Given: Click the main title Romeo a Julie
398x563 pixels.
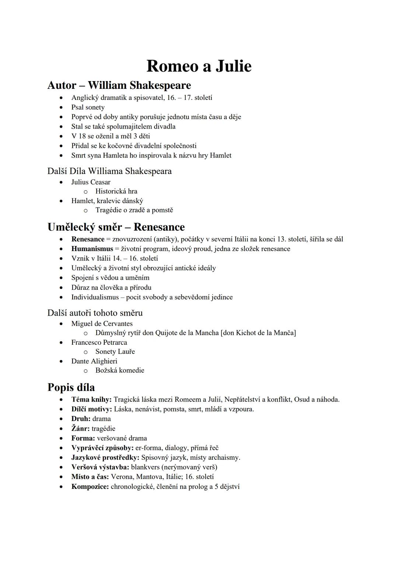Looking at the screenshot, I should tap(199, 66).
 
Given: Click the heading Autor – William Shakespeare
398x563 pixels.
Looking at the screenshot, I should tap(119, 85).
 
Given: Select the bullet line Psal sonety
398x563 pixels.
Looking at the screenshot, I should tap(88, 107).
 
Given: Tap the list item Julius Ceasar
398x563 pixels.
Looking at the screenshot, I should tap(91, 182).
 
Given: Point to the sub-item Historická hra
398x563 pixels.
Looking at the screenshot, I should tap(116, 191).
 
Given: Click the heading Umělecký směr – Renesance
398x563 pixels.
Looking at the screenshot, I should tap(116, 227).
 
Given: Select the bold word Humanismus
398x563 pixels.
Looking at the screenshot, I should tap(92, 249).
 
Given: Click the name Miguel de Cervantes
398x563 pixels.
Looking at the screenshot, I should tap(102, 324).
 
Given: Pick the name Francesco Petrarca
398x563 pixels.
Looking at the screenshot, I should tap(99, 343).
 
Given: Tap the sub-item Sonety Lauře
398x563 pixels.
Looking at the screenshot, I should tap(115, 352).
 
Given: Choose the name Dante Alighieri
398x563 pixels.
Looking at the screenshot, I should tap(94, 361).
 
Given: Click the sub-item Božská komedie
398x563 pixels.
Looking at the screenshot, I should tap(120, 371).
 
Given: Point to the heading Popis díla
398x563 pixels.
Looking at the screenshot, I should tap(71, 388).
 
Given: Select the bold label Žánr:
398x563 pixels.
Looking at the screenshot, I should tap(80, 429).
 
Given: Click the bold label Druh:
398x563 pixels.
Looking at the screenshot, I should tap(81, 419).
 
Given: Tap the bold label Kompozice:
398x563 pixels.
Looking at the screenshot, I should tap(90, 487).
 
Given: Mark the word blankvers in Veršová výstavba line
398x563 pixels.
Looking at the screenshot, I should tap(145, 467).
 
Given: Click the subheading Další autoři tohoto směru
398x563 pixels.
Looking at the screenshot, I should tap(95, 313).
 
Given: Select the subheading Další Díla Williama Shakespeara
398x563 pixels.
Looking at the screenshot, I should tap(109, 171).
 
